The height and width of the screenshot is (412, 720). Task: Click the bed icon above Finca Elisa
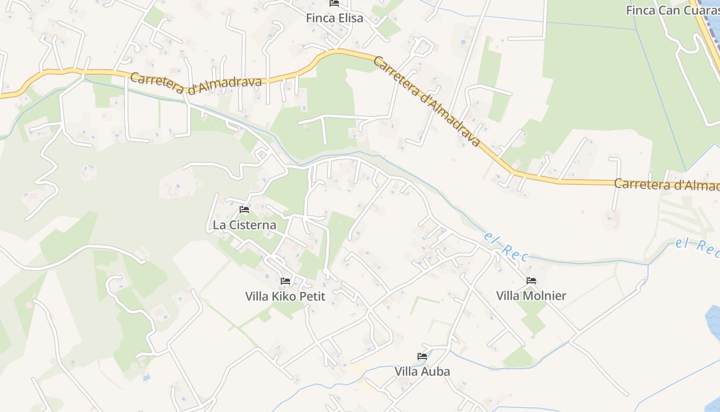tap(334, 3)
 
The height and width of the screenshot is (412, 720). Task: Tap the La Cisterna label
tap(244, 225)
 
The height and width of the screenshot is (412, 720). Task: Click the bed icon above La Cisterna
tap(244, 210)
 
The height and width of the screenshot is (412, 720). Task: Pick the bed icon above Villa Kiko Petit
tap(285, 281)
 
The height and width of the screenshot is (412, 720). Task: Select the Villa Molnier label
tap(531, 296)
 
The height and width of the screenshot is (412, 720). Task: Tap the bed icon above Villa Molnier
tap(531, 281)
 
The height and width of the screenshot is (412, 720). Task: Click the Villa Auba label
tap(422, 371)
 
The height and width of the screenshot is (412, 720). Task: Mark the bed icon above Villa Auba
tap(422, 356)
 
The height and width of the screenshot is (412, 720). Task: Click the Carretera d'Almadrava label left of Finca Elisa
tap(196, 83)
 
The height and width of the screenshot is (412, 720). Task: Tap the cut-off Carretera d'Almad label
tap(667, 184)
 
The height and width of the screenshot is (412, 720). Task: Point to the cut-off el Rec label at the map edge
tap(697, 245)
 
